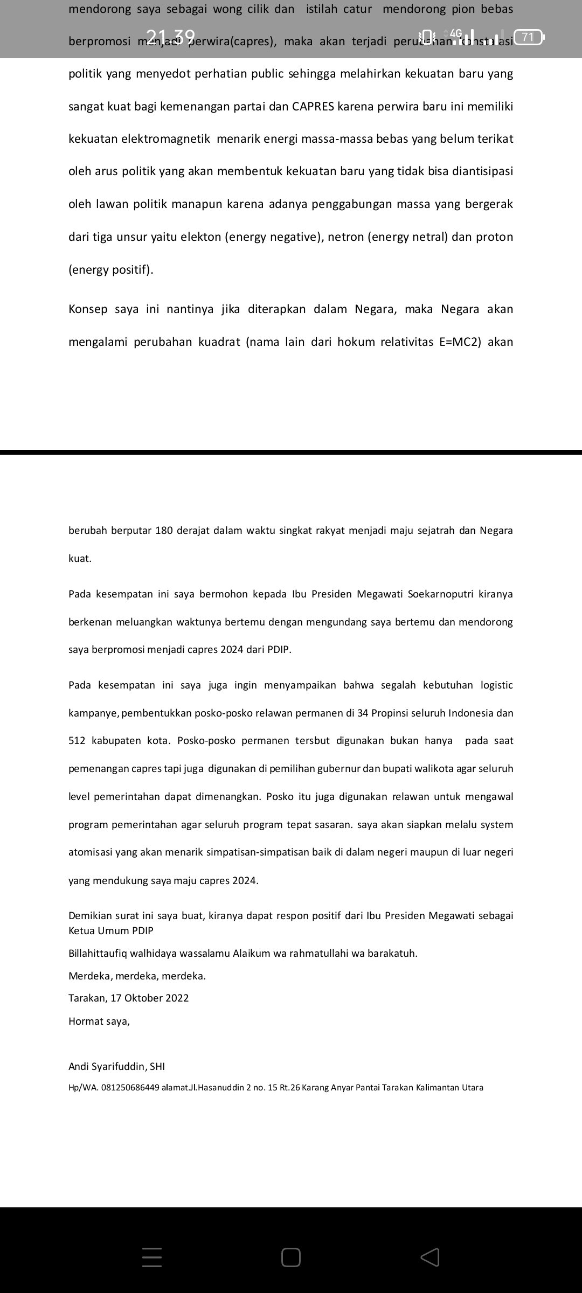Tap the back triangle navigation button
pos(430,1257)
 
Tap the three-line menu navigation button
pos(152,1257)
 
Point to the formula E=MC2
pos(460,342)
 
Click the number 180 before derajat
pos(164,531)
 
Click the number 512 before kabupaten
pos(77,741)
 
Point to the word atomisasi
pos(91,852)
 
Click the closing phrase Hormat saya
pos(99,1021)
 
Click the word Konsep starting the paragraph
pos(88,309)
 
